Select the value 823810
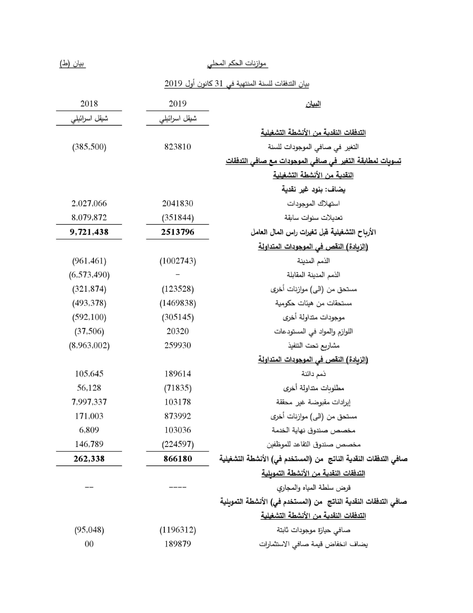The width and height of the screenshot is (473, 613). [x=178, y=147]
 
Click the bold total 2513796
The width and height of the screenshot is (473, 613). [x=178, y=232]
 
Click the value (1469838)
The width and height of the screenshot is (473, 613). [x=178, y=303]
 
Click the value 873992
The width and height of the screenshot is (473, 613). [x=178, y=416]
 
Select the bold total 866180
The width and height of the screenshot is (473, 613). [x=178, y=459]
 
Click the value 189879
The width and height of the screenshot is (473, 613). [x=178, y=544]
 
